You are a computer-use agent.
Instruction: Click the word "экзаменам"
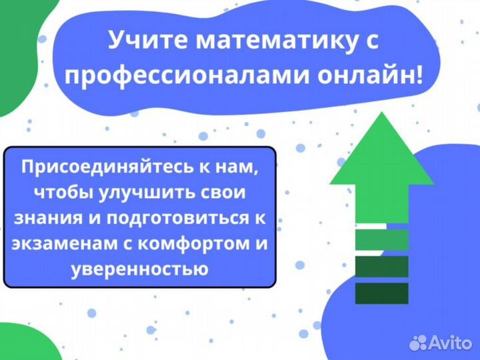[x=54, y=243]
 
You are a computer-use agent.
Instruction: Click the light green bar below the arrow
[x=381, y=239]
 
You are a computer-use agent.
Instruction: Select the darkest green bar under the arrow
[x=381, y=293]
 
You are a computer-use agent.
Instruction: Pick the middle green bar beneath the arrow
[x=381, y=266]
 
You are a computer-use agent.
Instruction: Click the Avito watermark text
[x=451, y=343]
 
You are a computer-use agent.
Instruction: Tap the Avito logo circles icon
[x=418, y=342]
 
